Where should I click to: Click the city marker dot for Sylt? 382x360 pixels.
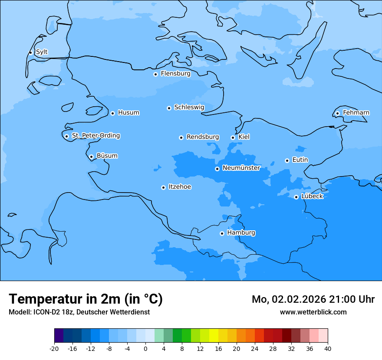[30, 52]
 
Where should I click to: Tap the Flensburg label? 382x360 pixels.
[175, 74]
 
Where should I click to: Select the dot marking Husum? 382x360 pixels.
[112, 113]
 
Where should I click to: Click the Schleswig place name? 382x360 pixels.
[189, 107]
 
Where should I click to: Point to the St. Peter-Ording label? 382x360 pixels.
[95, 136]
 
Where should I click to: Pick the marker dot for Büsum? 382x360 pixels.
[91, 157]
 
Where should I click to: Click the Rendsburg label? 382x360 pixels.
[202, 137]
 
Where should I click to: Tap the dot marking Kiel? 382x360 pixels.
[233, 137]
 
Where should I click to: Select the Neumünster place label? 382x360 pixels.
[241, 168]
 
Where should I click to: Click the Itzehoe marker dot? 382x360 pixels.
[163, 187]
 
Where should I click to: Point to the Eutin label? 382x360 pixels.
[300, 160]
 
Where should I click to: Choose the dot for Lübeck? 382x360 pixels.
[296, 197]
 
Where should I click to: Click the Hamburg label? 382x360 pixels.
[241, 233]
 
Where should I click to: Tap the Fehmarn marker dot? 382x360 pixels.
[337, 113]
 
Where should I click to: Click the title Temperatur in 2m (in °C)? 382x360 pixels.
[86, 299]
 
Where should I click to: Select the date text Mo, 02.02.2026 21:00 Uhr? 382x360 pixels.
[313, 299]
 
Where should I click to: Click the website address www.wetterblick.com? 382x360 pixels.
[313, 312]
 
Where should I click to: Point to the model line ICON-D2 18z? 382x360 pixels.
[79, 312]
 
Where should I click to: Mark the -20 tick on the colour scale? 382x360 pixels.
[54, 348]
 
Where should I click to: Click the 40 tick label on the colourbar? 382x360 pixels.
[328, 348]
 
